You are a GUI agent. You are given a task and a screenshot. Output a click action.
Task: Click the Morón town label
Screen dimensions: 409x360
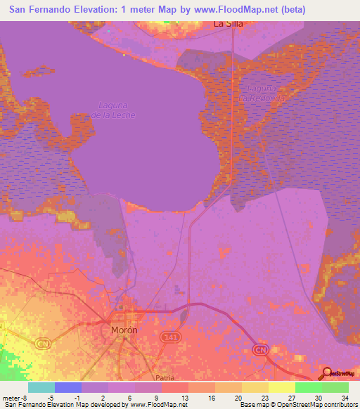pyautogui.click(x=124, y=329)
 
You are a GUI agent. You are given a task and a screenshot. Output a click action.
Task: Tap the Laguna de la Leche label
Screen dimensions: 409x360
pyautogui.click(x=105, y=110)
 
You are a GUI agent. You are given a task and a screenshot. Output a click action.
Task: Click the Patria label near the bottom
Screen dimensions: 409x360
pyautogui.click(x=165, y=377)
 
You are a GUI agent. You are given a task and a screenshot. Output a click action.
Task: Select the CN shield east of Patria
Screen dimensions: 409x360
pyautogui.click(x=261, y=349)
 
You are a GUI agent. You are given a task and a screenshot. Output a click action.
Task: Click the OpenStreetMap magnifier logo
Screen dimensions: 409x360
pyautogui.click(x=326, y=372)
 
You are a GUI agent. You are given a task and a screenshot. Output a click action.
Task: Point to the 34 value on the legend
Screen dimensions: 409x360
pyautogui.click(x=345, y=397)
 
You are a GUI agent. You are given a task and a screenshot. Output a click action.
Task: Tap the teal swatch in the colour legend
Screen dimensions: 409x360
pyautogui.click(x=41, y=387)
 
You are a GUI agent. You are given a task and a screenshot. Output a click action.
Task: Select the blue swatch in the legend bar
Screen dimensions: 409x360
pyautogui.click(x=67, y=387)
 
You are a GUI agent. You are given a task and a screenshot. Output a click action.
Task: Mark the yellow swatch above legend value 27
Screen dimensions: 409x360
pyautogui.click(x=281, y=387)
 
